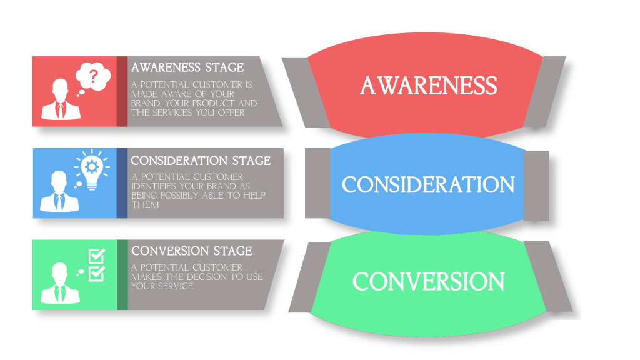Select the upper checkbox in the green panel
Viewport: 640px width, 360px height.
pyautogui.click(x=97, y=256)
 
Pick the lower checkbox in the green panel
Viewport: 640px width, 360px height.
pyautogui.click(x=97, y=272)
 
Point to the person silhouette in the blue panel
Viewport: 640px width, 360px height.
pyautogui.click(x=60, y=192)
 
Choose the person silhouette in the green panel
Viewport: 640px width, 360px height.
pyautogui.click(x=60, y=284)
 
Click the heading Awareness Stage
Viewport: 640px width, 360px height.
pyautogui.click(x=187, y=67)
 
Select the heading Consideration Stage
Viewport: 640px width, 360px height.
pyautogui.click(x=201, y=161)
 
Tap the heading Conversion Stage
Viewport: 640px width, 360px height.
pyautogui.click(x=192, y=251)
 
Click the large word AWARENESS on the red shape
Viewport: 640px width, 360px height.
pyautogui.click(x=429, y=86)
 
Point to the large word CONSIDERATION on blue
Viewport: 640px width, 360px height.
pyautogui.click(x=428, y=184)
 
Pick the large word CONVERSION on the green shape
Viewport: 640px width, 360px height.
pyautogui.click(x=429, y=281)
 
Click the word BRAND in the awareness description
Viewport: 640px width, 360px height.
pyautogui.click(x=145, y=103)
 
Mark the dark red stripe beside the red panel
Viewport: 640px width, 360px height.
pyautogui.click(x=122, y=91)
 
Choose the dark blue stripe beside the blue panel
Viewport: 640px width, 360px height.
pyautogui.click(x=122, y=183)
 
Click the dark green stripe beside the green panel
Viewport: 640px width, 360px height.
pyautogui.click(x=122, y=274)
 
